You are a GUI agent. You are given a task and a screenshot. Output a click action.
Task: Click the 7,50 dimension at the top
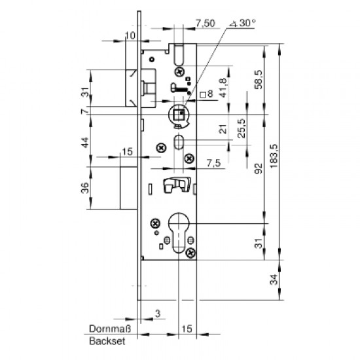pyautogui.click(x=205, y=25)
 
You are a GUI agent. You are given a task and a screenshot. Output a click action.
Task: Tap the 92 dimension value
pyautogui.click(x=261, y=171)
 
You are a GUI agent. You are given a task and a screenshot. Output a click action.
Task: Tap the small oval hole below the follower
pyautogui.click(x=179, y=143)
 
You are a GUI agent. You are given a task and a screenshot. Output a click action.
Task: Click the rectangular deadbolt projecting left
pyautogui.click(x=127, y=189)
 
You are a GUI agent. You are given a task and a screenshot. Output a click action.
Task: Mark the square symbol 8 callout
pyautogui.click(x=207, y=94)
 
